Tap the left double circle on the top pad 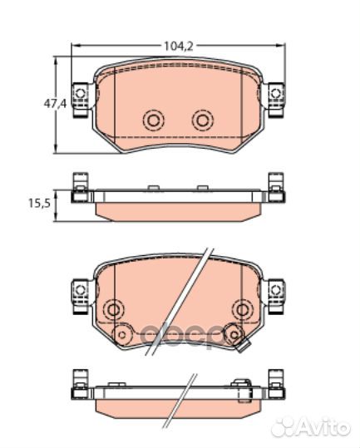coord(153,121)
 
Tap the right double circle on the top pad coord(201,121)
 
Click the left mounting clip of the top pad coord(81,96)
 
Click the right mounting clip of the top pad coord(275,96)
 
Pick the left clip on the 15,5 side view coord(80,188)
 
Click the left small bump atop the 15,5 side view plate coord(153,190)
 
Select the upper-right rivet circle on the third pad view coord(242,308)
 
